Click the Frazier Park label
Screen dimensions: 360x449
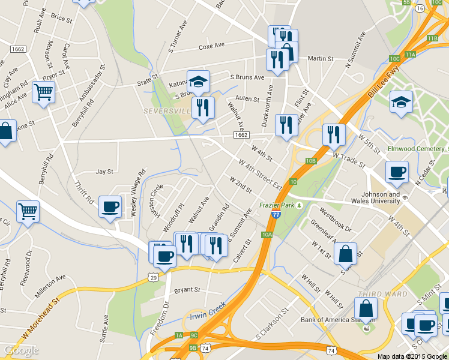(277, 205)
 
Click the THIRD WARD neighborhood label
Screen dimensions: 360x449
(376, 293)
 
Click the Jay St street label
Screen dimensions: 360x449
(104, 172)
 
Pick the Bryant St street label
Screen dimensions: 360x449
(187, 290)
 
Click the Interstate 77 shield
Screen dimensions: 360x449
(274, 214)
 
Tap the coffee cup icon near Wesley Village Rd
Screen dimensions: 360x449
(110, 206)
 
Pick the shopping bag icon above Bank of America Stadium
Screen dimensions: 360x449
(365, 309)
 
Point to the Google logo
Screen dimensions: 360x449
(21, 350)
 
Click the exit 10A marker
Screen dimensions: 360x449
(267, 235)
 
